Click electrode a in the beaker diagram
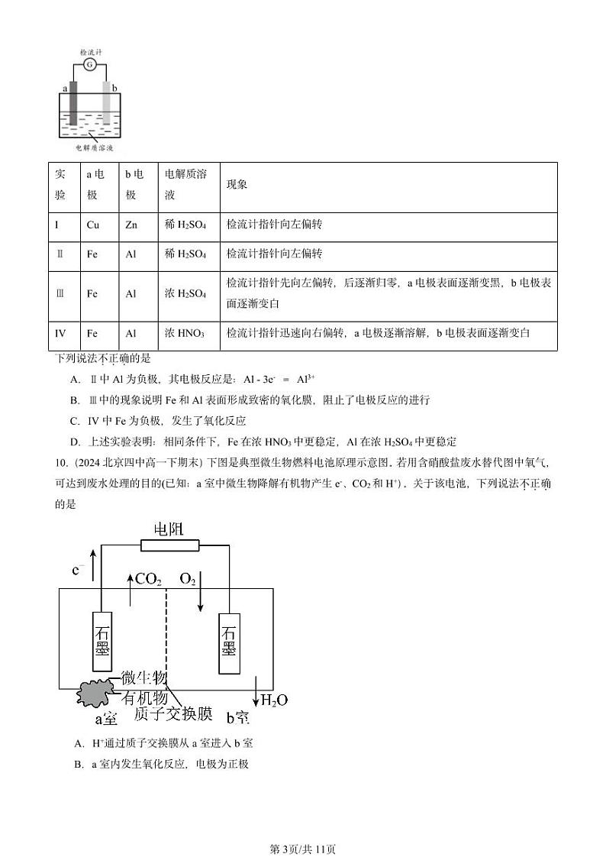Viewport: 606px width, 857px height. coord(73,103)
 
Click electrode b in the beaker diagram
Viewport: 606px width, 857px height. coord(107,103)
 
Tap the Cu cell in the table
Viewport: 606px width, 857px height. coord(93,225)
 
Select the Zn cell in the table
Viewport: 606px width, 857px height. coord(132,225)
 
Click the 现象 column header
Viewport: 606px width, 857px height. coord(237,186)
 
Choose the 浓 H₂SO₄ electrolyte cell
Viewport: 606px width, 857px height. coord(185,293)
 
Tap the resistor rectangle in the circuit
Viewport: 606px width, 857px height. coord(169,545)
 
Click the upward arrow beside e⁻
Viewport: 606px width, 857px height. coord(95,567)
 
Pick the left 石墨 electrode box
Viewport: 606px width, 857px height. coord(102,642)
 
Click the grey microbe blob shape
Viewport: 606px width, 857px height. coord(95,692)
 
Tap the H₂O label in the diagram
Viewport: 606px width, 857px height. coord(274,700)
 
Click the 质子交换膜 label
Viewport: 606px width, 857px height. coord(172,713)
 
